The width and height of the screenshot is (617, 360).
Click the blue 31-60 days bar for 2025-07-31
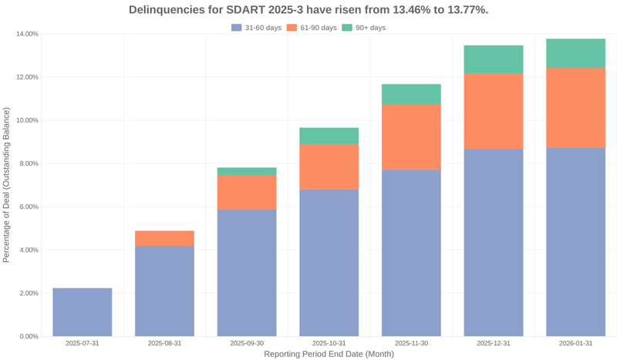(x=83, y=312)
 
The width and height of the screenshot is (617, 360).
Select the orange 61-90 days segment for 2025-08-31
(x=164, y=238)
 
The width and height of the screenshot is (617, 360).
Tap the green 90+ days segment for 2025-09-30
(x=247, y=171)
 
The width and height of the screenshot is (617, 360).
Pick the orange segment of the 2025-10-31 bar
(x=329, y=167)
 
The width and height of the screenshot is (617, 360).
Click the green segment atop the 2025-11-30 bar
(x=411, y=94)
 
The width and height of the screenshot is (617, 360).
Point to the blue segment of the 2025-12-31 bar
(x=494, y=242)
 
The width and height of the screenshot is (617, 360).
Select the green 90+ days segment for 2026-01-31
(x=575, y=53)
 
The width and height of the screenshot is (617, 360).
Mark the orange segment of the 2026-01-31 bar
(x=575, y=107)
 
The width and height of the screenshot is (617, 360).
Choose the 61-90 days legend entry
(x=312, y=28)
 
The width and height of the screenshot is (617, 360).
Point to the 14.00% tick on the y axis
(x=27, y=34)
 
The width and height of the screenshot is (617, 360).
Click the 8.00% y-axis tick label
(x=29, y=163)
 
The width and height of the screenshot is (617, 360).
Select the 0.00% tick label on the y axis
(x=29, y=336)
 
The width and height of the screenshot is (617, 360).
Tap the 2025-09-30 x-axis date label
(x=247, y=343)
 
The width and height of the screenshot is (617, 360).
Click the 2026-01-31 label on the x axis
(x=575, y=343)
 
